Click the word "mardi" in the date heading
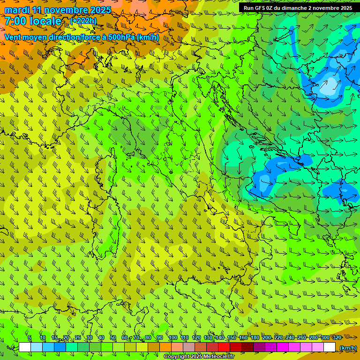coord(15,10)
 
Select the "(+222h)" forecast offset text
coord(83,21)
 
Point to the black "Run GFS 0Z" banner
coord(298,8)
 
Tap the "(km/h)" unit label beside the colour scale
coord(347,348)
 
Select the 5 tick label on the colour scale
coord(30,337)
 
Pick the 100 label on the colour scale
coord(172,337)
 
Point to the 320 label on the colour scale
coord(337,337)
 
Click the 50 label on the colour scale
coord(113,337)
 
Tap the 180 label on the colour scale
coord(255,337)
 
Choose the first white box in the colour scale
coord(25,347)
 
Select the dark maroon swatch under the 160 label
coord(247,347)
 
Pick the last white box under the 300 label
coord(330,347)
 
